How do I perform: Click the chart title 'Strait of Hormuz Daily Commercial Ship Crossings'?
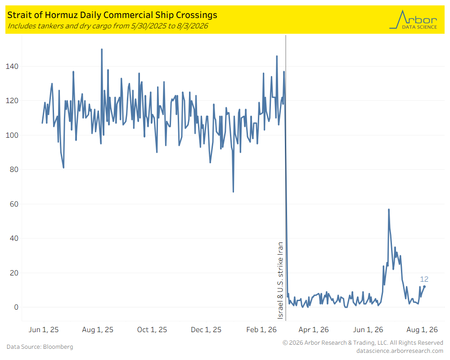112,15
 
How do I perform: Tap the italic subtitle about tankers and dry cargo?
108,26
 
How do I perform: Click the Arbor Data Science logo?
413,19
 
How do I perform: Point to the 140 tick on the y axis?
12,66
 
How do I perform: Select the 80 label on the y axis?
14,169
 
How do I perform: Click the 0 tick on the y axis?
16,307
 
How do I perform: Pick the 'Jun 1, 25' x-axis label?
44,329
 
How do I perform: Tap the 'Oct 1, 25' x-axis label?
152,329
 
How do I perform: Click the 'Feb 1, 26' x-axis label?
261,329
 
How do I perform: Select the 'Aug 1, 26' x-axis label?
422,329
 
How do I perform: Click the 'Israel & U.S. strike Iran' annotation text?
280,280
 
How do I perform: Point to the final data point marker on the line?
424,287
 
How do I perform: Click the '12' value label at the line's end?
424,279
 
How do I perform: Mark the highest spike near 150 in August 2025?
102,49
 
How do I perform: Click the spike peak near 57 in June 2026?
389,209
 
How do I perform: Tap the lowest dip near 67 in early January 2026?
233,192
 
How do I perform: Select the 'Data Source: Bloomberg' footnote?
40,347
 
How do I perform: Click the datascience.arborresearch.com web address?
400,351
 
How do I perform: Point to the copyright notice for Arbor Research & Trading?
363,342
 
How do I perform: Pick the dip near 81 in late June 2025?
63,168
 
